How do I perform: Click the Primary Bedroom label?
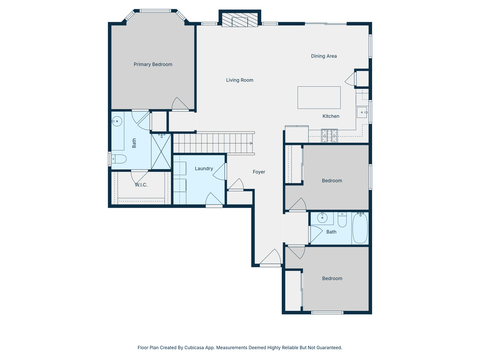tap(153, 65)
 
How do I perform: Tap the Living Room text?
tap(240, 80)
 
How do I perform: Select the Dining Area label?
tap(324, 56)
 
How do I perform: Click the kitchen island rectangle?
tap(319, 97)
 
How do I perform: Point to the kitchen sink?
tap(362, 112)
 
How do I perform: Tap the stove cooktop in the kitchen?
tap(329, 135)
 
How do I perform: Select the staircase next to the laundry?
tap(214, 143)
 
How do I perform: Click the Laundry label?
tap(204, 169)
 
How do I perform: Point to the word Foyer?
tap(259, 172)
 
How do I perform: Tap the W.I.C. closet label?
tap(141, 185)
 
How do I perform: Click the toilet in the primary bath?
tap(119, 159)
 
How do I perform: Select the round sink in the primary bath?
tap(117, 121)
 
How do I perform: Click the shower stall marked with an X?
tap(161, 151)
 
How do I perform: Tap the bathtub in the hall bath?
tap(360, 228)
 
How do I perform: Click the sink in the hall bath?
tap(322, 218)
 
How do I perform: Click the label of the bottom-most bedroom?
tap(332, 278)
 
